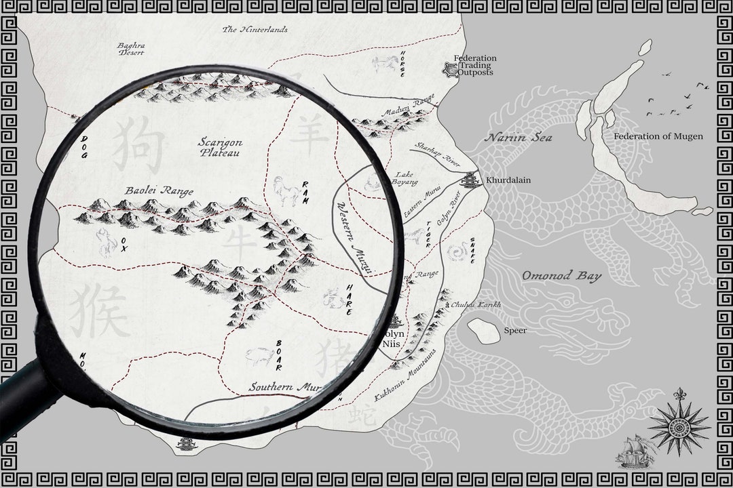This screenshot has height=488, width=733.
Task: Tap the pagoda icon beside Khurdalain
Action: tap(470, 180)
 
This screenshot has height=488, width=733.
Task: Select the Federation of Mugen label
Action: tap(658, 136)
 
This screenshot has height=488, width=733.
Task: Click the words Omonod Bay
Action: tap(561, 276)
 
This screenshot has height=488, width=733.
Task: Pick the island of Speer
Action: tap(484, 330)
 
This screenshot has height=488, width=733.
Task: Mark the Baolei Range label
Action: tap(159, 191)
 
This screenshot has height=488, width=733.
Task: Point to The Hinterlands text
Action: tap(255, 30)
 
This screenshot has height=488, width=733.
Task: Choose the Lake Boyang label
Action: tap(404, 178)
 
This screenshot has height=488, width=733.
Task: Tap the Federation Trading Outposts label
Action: tap(474, 65)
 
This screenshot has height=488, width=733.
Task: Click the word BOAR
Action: tap(278, 354)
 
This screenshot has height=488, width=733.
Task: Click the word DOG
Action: tap(85, 146)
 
